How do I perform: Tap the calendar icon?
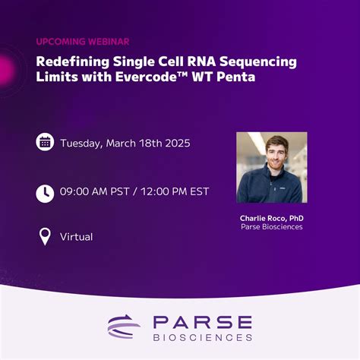pos(45,142)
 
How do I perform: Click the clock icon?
pos(45,193)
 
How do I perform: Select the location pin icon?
pos(45,236)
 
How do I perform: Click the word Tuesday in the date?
pos(83,143)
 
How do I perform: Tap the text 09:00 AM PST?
pos(93,191)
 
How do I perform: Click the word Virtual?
pos(77,237)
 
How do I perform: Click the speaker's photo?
pos(271,168)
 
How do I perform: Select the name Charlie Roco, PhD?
pos(271,217)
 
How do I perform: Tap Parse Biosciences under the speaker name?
pos(271,226)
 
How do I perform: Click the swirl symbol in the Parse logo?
pos(124,326)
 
